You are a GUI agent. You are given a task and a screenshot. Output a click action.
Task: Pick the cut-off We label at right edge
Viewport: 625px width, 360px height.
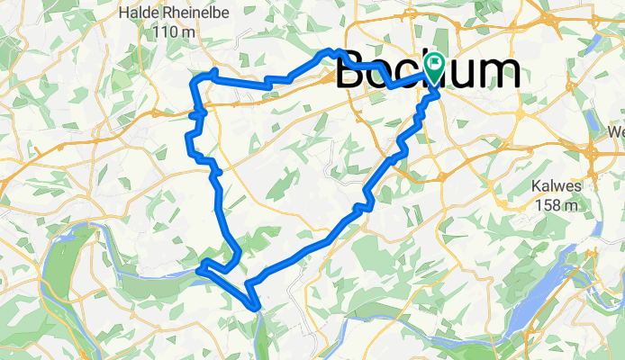616,131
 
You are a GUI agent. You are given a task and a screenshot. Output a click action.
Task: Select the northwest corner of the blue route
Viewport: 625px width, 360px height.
193,82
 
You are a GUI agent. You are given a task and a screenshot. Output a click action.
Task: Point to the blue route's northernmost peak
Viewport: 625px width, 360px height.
331,52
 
